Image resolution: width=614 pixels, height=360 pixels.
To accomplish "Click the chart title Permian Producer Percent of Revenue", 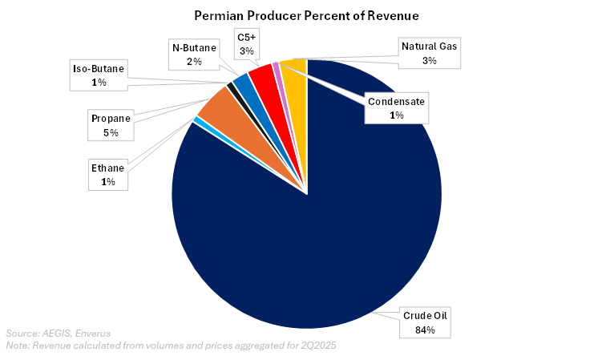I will pos(306,15).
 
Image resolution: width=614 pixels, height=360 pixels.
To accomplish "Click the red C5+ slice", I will pos(262,79).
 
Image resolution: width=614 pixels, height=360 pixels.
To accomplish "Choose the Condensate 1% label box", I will pos(396,108).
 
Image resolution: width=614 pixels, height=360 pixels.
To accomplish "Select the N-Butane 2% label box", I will pos(192,53).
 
